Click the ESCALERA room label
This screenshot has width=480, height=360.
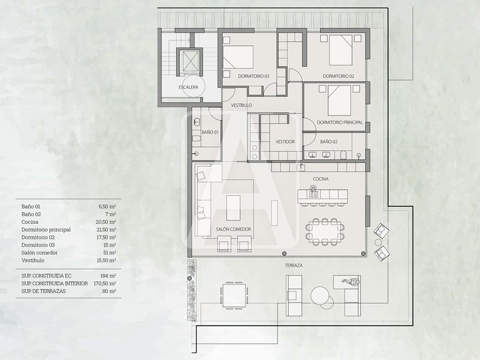[188, 87]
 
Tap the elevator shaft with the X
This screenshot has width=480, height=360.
[189, 61]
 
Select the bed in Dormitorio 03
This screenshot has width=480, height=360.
[238, 57]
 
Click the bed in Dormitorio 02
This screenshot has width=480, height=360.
[341, 50]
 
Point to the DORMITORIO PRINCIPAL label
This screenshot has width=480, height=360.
[340, 122]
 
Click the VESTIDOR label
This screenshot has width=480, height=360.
[285, 142]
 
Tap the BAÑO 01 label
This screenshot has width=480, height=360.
[210, 132]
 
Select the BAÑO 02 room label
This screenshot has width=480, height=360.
[329, 142]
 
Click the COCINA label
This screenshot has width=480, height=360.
[321, 179]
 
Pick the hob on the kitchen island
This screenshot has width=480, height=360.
[314, 194]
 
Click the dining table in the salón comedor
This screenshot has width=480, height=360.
[325, 232]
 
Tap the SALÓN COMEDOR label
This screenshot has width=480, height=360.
[233, 229]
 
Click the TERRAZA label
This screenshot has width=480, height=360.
[294, 266]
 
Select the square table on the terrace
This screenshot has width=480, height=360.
[234, 296]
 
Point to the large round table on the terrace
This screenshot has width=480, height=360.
[319, 295]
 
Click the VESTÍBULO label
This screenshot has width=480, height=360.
[241, 105]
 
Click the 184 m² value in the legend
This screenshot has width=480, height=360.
[108, 276]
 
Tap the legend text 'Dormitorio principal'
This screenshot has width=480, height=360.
[46, 229]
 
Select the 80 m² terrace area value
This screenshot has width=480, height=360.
[109, 291]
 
